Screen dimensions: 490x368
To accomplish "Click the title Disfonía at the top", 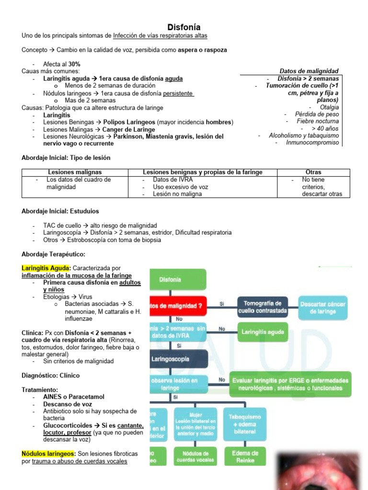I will (184, 27).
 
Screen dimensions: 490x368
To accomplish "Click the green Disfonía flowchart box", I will (178, 279).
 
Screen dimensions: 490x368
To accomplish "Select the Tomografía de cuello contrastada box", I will (263, 307).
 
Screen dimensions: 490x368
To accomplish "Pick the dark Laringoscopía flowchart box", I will (178, 359).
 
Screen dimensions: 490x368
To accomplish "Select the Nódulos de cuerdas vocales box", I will (192, 457).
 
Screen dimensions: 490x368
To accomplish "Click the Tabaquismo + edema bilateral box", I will (244, 423).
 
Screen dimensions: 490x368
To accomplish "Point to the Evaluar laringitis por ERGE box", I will (290, 384).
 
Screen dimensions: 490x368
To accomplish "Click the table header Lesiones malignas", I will (75, 172).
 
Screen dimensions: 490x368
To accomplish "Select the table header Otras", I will (313, 172).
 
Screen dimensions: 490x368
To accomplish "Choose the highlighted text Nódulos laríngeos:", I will (48, 454).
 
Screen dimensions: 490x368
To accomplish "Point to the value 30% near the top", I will (74, 64).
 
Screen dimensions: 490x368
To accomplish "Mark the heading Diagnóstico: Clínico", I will (51, 376).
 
